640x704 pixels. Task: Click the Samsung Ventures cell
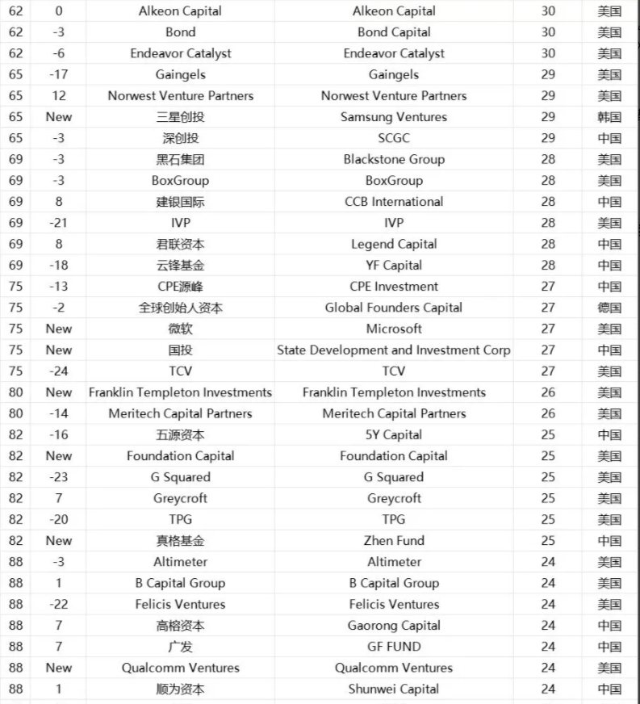click(394, 117)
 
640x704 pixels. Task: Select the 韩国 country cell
click(609, 117)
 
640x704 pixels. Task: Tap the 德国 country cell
click(609, 308)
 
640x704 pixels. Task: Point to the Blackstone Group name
click(394, 159)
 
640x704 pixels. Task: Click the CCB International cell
click(394, 202)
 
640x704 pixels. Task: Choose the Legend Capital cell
click(394, 244)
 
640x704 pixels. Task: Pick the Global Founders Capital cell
click(394, 308)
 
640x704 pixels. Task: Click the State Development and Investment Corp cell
click(394, 350)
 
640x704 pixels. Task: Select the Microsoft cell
click(394, 329)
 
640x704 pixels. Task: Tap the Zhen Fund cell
click(394, 541)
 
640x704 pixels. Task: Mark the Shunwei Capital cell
click(394, 689)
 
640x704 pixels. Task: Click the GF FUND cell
click(394, 647)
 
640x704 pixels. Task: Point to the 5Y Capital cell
click(394, 435)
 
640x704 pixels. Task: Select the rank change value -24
click(58, 371)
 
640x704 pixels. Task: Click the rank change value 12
click(58, 96)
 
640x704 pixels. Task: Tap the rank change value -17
click(58, 75)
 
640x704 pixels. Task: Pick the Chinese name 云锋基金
click(180, 266)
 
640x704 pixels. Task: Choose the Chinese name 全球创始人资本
click(180, 308)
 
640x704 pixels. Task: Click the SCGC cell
click(394, 138)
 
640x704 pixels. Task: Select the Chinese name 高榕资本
click(180, 626)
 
